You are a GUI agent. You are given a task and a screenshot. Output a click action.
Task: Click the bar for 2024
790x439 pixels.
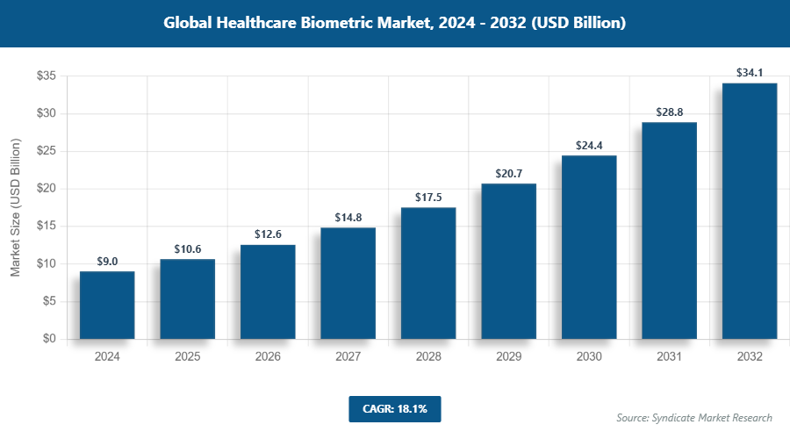coord(107,305)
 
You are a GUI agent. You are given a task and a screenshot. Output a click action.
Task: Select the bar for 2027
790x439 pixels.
coord(348,283)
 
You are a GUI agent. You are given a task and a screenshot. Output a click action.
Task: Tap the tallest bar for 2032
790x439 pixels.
coord(749,211)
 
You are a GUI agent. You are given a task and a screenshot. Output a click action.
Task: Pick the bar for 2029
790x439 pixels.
coord(508,261)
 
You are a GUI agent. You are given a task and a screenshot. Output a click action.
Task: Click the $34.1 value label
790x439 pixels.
coord(749,72)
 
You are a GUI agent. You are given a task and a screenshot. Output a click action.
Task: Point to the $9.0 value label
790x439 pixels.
coord(107,261)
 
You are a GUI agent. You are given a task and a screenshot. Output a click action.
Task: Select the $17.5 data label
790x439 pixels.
coord(428,197)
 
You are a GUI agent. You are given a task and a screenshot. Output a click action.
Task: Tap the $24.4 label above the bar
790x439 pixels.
coord(589,145)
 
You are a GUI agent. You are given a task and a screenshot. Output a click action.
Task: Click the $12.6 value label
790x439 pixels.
coord(268,234)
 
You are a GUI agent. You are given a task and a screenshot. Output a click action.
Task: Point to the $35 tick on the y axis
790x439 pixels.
coord(46,76)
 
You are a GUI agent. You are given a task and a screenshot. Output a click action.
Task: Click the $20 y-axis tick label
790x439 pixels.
coord(46,189)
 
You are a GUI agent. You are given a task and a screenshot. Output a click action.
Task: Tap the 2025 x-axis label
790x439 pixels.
coord(187,357)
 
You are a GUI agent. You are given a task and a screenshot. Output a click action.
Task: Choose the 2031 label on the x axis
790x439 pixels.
coord(669,357)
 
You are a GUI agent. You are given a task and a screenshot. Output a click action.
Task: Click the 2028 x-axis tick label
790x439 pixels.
coord(428,357)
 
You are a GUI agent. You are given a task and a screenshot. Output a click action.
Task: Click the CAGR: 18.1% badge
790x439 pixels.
coord(394,408)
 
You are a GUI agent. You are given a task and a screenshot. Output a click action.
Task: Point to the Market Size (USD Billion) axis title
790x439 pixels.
coord(15,207)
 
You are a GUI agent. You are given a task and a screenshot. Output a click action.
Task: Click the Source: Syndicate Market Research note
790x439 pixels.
coord(694,417)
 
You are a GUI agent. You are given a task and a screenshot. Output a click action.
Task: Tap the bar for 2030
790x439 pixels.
coord(589,247)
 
